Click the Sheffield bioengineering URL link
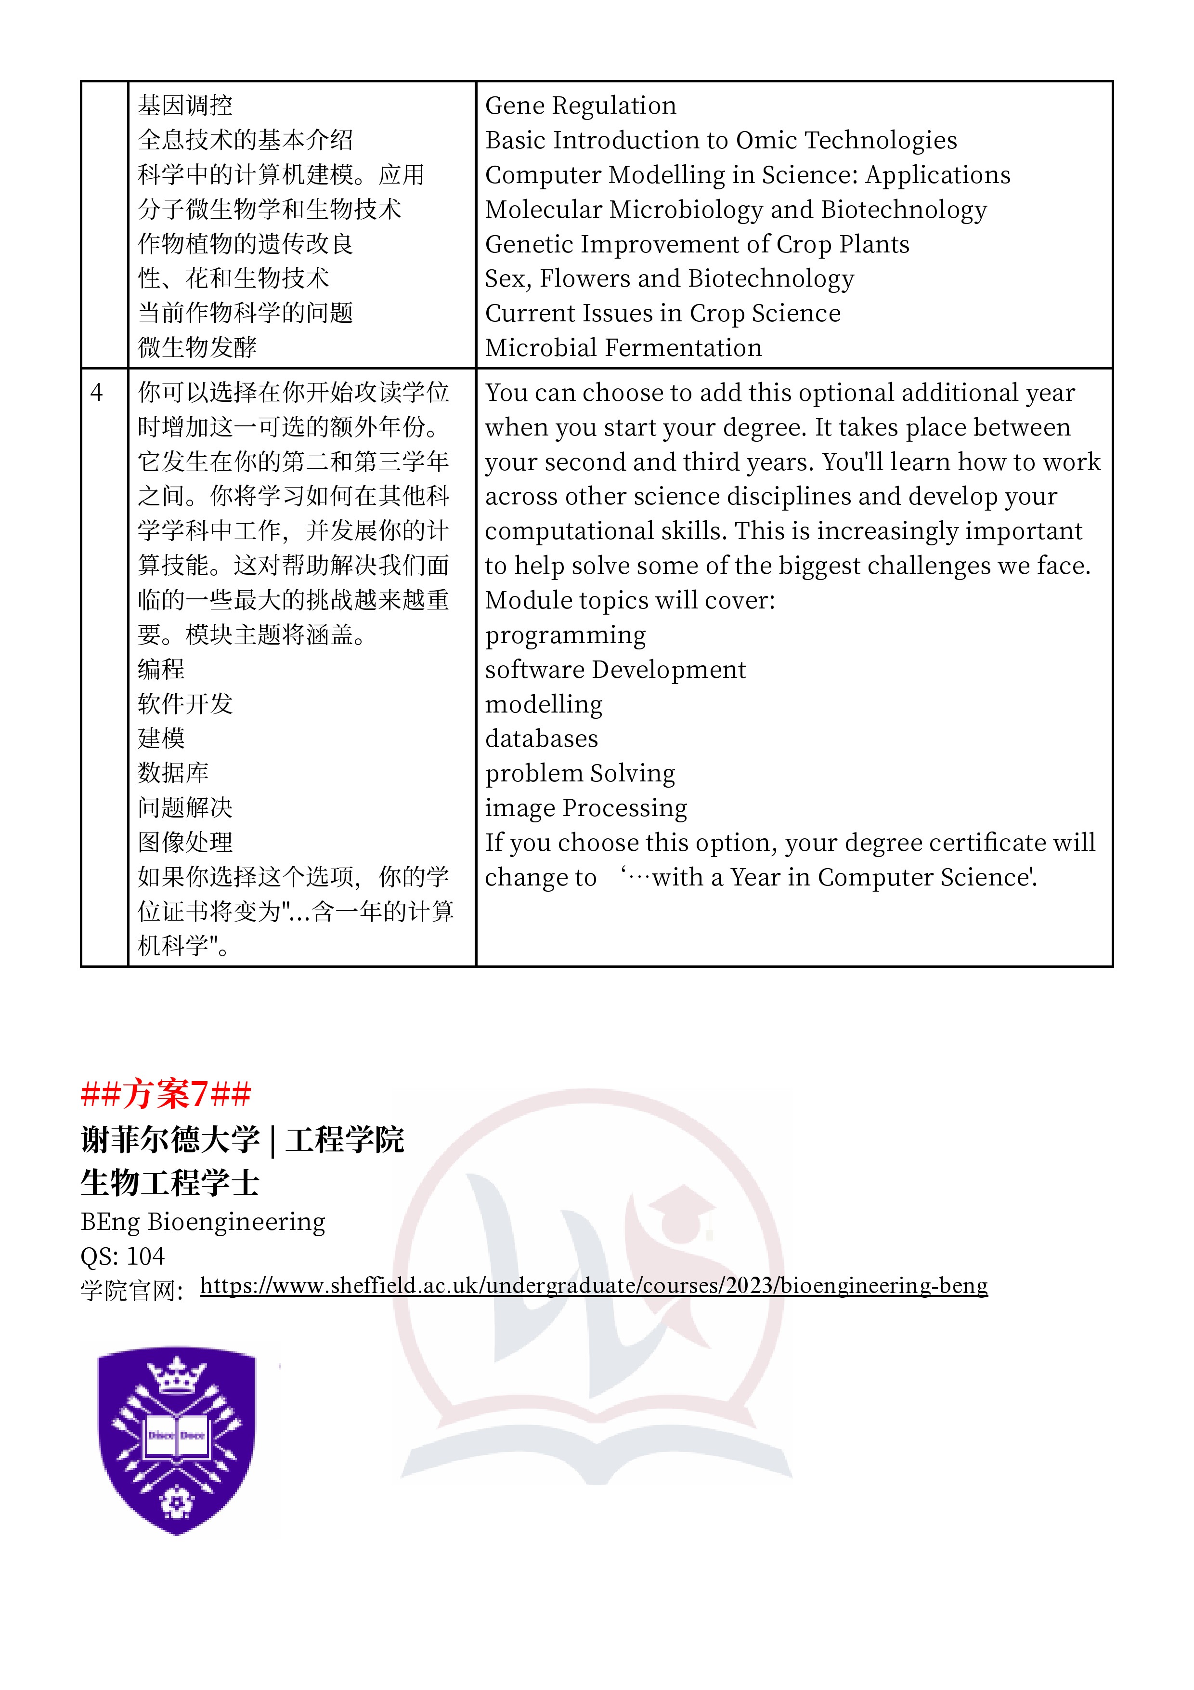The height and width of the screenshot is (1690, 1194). (x=593, y=1285)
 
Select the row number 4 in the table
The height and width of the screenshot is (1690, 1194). (x=96, y=393)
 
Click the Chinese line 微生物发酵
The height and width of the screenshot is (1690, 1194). (x=197, y=347)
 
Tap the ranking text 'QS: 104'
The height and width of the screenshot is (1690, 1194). (x=122, y=1256)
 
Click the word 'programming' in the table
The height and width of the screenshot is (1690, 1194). (x=565, y=634)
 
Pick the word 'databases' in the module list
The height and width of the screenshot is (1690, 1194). (x=542, y=738)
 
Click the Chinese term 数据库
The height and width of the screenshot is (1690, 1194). (x=173, y=773)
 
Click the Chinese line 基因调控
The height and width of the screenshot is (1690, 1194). (x=185, y=106)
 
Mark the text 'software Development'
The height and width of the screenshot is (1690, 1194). (x=615, y=670)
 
